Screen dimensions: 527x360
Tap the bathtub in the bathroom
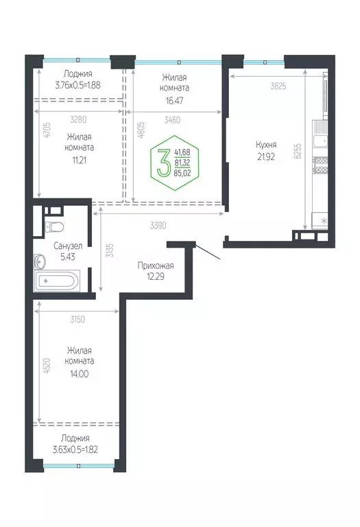(x=59, y=280)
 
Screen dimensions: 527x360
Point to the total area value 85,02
(x=183, y=173)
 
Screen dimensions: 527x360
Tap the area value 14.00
(x=75, y=374)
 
